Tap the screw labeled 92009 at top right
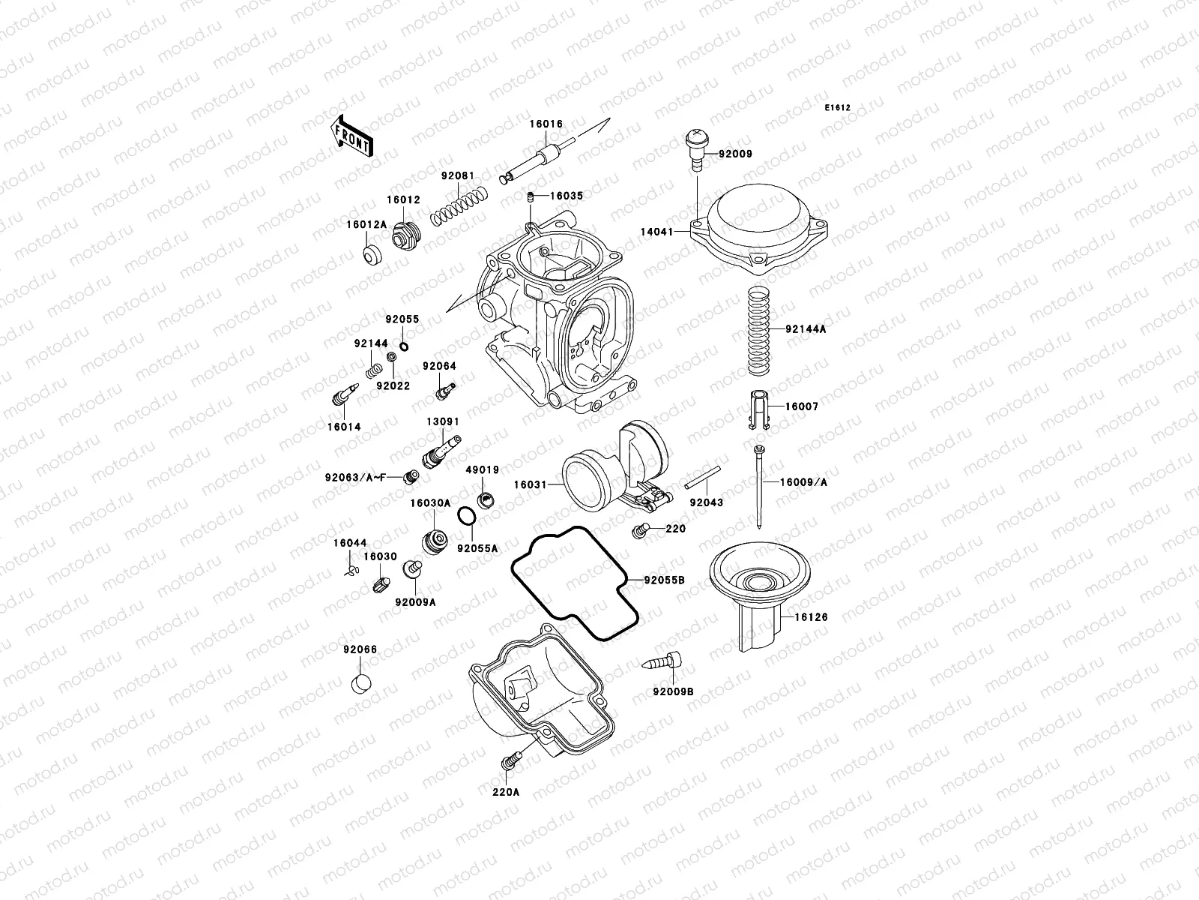(697, 150)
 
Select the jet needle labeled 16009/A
(760, 487)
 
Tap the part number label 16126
(801, 616)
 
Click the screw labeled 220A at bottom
(507, 762)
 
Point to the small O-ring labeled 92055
(404, 346)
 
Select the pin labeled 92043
(703, 478)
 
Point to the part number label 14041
(656, 232)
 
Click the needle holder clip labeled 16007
(758, 409)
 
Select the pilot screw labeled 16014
(343, 394)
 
